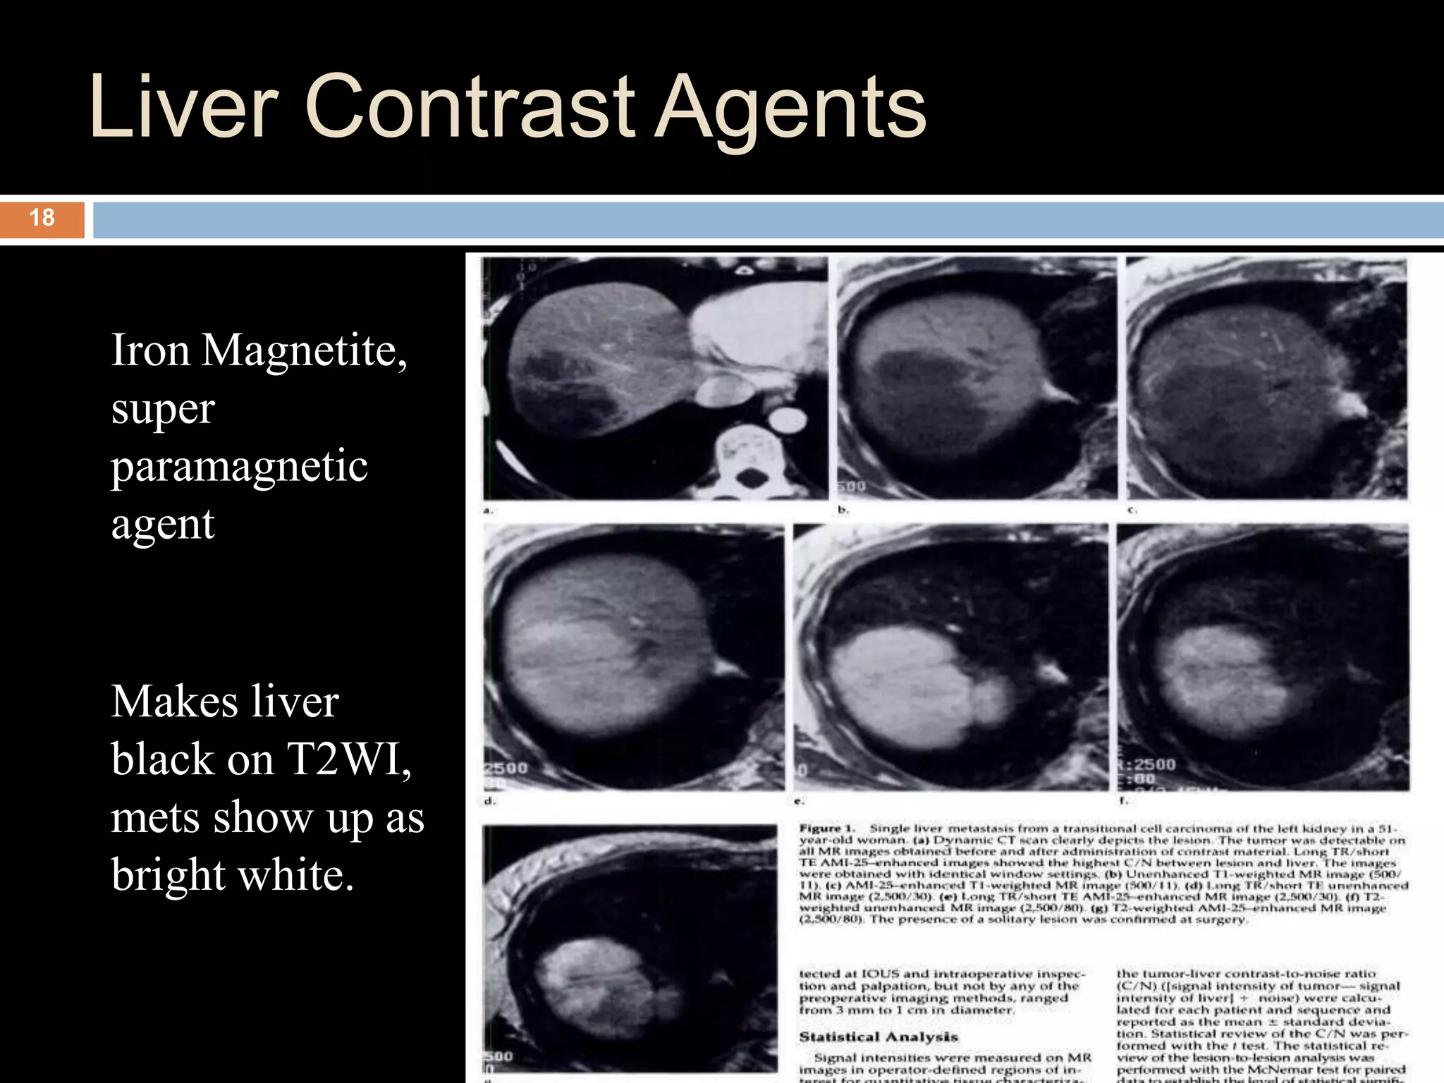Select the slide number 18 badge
42,218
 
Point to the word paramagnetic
239,467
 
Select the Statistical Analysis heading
878,1037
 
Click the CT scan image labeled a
654,379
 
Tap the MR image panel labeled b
977,379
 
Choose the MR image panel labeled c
1266,379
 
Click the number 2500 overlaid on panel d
506,768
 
